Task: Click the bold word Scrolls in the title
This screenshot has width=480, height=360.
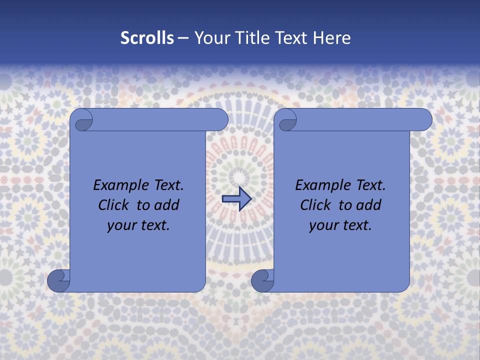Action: coord(147,38)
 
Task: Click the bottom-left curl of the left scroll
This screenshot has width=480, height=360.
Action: coord(58,281)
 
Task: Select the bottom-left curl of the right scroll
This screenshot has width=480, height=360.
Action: coord(262,281)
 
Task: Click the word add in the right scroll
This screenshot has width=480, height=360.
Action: coord(369,205)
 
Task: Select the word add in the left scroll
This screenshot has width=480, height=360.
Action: coord(167,205)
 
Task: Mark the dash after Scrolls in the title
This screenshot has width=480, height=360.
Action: coord(183,38)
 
